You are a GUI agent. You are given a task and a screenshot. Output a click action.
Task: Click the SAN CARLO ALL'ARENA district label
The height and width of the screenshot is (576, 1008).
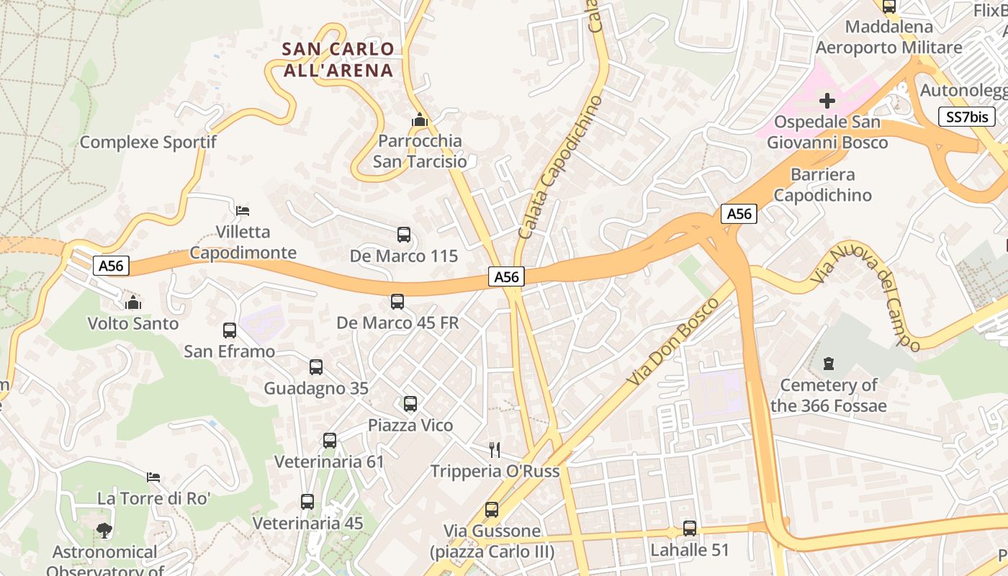pos(338,60)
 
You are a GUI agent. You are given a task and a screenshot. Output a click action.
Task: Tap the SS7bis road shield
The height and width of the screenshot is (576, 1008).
pos(967,117)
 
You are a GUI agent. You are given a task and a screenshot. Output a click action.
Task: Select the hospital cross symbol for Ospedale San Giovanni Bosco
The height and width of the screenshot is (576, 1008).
pos(827,100)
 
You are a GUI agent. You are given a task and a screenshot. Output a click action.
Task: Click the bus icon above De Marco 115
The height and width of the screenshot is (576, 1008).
pos(404,235)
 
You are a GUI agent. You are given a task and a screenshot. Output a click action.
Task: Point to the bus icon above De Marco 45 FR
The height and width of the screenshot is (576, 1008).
pos(397,302)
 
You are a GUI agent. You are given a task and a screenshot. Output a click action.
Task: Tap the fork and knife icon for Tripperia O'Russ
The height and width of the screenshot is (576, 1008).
pos(495,450)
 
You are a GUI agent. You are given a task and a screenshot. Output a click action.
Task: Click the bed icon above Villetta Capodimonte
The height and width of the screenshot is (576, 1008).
pos(243,211)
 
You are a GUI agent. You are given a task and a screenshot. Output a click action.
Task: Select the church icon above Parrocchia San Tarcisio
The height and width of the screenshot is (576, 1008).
pos(419,120)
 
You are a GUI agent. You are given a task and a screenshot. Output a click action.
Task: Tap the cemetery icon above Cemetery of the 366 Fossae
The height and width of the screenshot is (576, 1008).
pos(829,364)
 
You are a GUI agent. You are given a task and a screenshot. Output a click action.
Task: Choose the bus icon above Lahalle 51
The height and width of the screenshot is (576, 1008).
pos(690,528)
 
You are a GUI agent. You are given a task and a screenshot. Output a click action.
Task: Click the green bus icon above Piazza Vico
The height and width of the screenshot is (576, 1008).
pos(410,404)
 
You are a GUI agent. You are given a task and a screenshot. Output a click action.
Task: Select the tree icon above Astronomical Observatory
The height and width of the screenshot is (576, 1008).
pos(104,531)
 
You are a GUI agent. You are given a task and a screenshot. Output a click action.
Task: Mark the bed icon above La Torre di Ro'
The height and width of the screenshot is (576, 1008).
pos(153,477)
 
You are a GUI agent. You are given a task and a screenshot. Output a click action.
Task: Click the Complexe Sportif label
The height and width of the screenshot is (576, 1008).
pos(148,142)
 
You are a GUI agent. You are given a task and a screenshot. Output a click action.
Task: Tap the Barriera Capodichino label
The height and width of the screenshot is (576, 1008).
pos(822,185)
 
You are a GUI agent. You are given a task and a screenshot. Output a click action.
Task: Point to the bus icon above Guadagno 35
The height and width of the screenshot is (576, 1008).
pos(316,367)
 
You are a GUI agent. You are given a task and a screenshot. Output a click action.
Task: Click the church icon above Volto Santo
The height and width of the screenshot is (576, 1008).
pos(133,302)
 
